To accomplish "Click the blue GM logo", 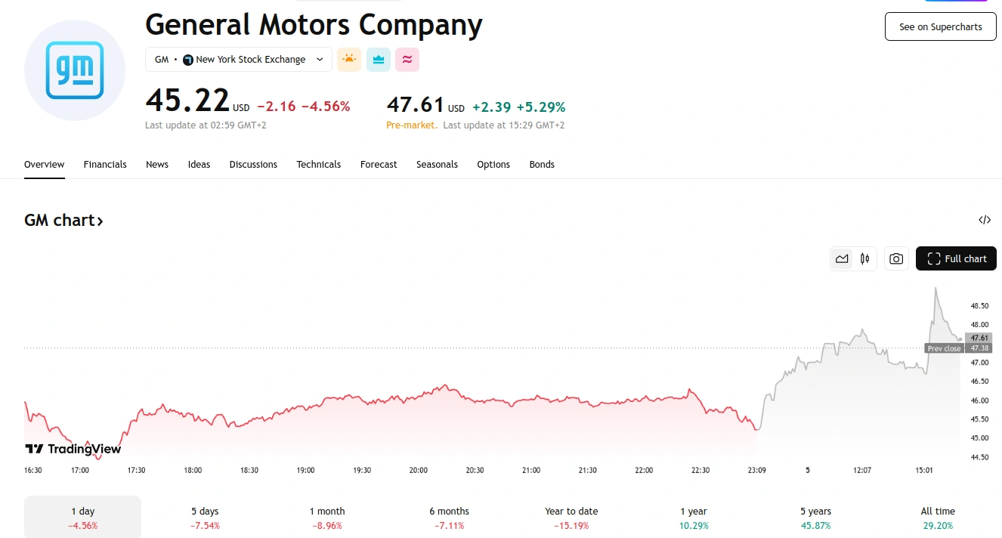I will (74, 70).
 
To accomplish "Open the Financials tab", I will (105, 164).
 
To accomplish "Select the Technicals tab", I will (318, 164).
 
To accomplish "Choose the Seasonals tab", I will (437, 164).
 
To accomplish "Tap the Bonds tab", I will (542, 164).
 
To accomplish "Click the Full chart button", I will (956, 258).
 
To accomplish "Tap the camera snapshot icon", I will (896, 258).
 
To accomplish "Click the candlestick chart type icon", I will (864, 258).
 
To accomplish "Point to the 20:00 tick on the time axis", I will (418, 470).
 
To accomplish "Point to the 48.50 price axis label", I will (979, 306).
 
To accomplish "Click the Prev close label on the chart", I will (944, 348).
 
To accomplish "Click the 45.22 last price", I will (187, 100).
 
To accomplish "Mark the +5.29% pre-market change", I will (540, 107).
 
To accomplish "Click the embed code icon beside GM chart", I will (984, 220).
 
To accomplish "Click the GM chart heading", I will (63, 221).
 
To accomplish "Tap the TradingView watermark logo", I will (73, 449).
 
